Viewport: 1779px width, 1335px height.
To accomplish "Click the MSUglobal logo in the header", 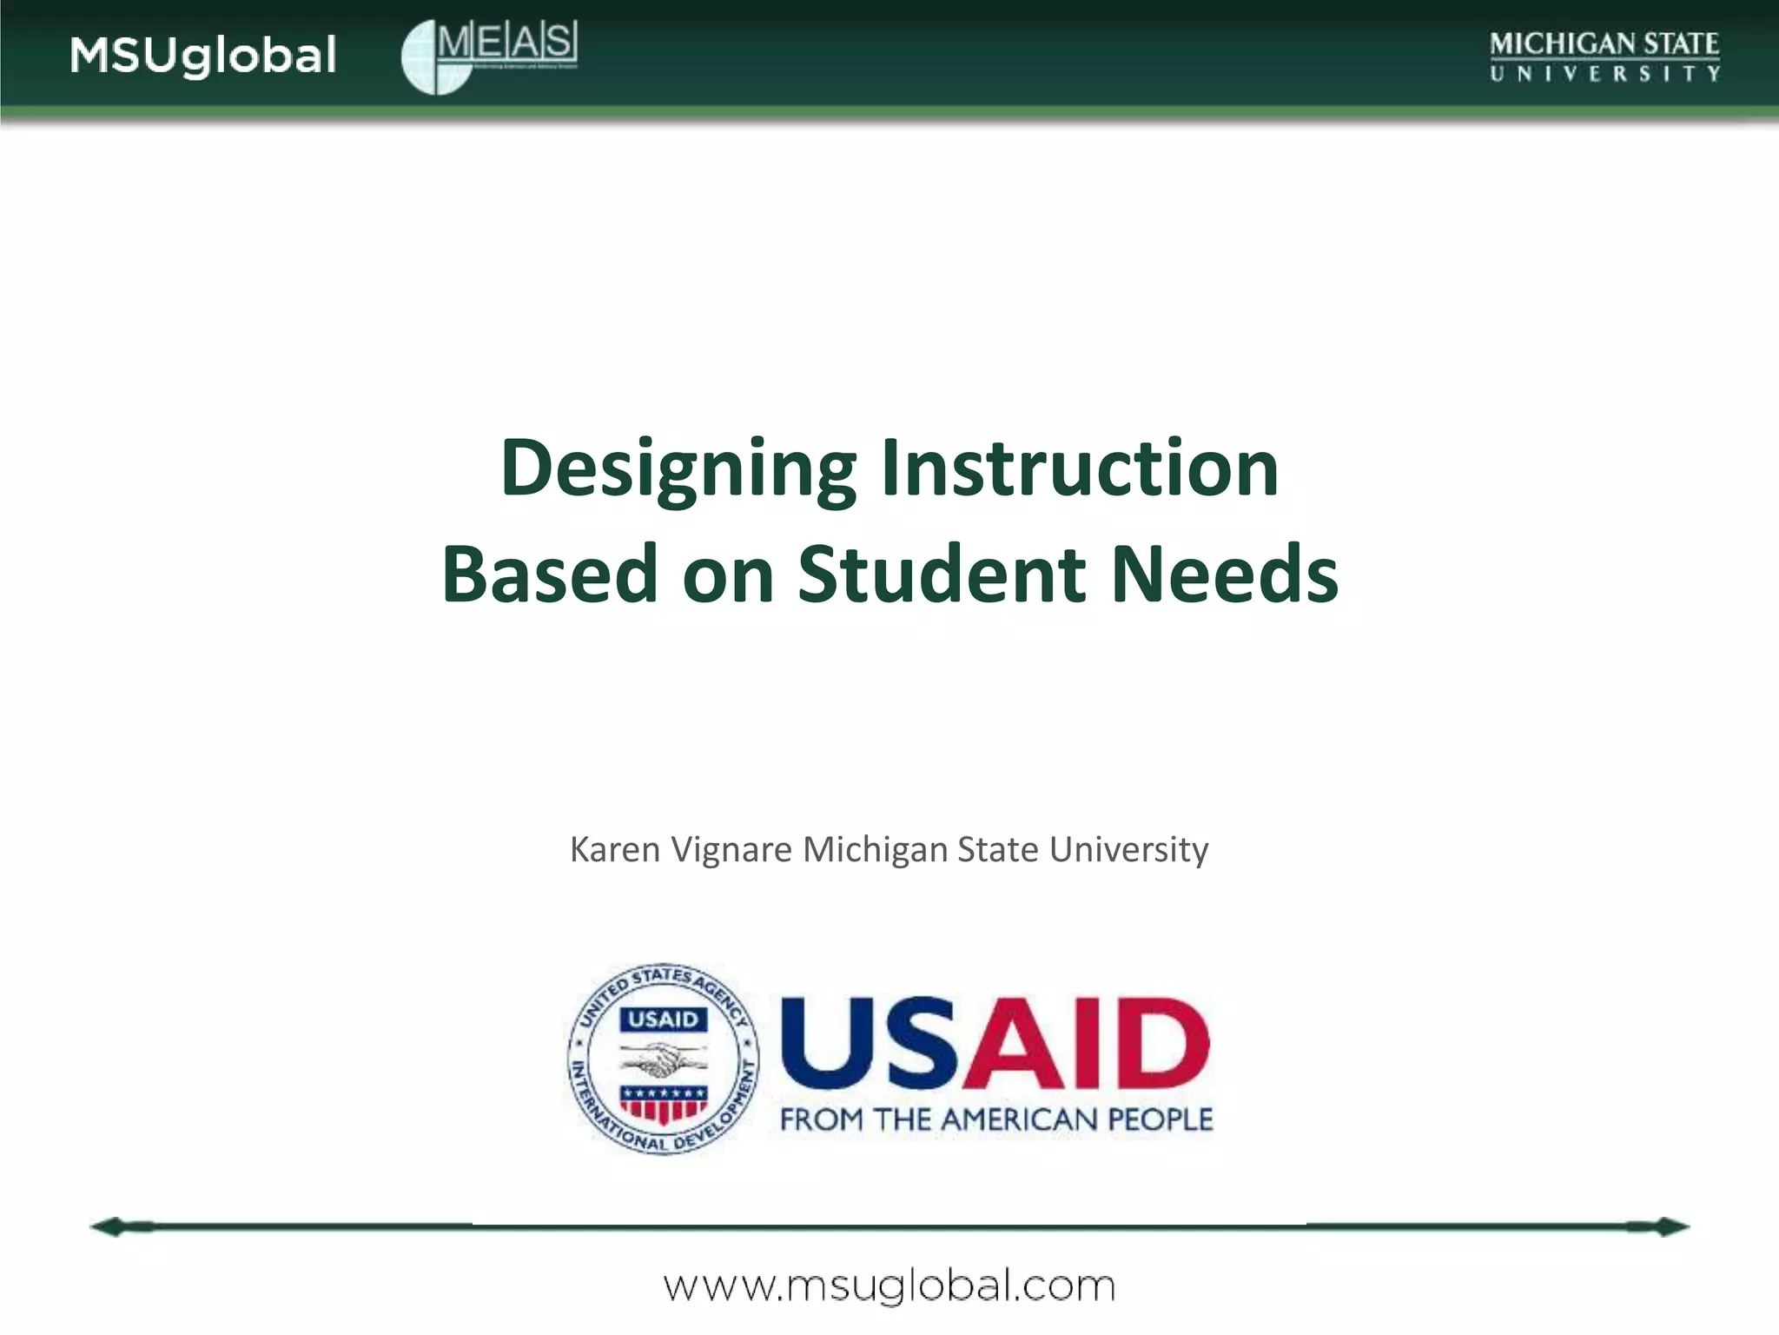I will tap(203, 56).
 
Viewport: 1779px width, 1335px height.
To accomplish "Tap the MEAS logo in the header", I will tap(490, 56).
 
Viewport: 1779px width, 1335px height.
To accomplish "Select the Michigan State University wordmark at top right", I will tap(1604, 56).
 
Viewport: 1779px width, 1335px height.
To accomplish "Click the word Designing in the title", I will tap(678, 469).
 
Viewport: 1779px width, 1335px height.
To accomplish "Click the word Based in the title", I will tap(550, 574).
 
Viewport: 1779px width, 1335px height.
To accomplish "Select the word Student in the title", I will tap(942, 574).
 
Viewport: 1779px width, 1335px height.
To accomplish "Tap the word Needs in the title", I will tap(1225, 574).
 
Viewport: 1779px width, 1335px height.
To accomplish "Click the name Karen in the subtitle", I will tap(615, 849).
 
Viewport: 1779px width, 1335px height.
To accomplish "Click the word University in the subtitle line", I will tap(1128, 849).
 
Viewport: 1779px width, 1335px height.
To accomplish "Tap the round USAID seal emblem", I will tap(663, 1059).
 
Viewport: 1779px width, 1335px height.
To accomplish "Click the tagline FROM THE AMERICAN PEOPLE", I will tap(995, 1119).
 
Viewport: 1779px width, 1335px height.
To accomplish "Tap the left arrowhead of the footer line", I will tap(109, 1227).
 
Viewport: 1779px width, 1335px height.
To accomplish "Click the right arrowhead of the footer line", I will tap(1671, 1227).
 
